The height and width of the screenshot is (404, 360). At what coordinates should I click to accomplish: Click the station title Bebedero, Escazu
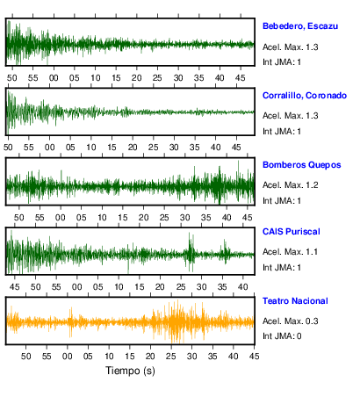click(x=300, y=26)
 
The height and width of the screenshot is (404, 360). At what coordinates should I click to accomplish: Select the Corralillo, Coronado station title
click(x=305, y=96)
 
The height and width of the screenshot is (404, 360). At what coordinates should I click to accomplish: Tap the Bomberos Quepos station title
click(x=302, y=165)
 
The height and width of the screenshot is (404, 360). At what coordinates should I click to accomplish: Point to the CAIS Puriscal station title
click(x=292, y=232)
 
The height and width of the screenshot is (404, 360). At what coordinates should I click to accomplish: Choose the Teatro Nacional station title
click(x=295, y=301)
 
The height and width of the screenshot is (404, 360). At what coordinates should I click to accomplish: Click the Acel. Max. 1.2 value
click(x=290, y=185)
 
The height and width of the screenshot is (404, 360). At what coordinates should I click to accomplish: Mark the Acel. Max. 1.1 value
click(x=290, y=252)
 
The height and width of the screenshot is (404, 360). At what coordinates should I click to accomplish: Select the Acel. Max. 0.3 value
click(x=290, y=321)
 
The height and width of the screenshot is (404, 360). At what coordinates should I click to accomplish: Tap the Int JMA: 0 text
click(x=282, y=335)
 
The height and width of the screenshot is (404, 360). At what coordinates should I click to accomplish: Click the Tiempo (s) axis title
click(x=130, y=371)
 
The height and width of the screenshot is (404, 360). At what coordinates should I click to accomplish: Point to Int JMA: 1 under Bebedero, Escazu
click(x=282, y=62)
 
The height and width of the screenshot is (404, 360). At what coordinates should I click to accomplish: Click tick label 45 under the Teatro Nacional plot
click(x=254, y=357)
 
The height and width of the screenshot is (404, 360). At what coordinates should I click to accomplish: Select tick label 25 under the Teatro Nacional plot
click(x=171, y=357)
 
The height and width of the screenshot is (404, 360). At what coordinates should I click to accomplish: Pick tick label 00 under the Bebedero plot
click(x=54, y=78)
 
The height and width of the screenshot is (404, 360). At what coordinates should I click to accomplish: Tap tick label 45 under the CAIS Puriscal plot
click(x=15, y=286)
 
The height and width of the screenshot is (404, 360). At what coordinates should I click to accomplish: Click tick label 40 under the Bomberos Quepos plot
click(x=227, y=218)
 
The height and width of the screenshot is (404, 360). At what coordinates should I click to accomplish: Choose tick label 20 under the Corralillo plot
click(x=133, y=148)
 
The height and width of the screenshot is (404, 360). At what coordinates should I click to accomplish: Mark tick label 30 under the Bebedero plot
click(x=178, y=78)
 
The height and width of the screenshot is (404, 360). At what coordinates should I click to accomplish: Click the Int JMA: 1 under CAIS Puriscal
click(x=282, y=268)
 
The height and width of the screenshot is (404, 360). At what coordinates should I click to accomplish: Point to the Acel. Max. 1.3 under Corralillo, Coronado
click(x=290, y=116)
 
